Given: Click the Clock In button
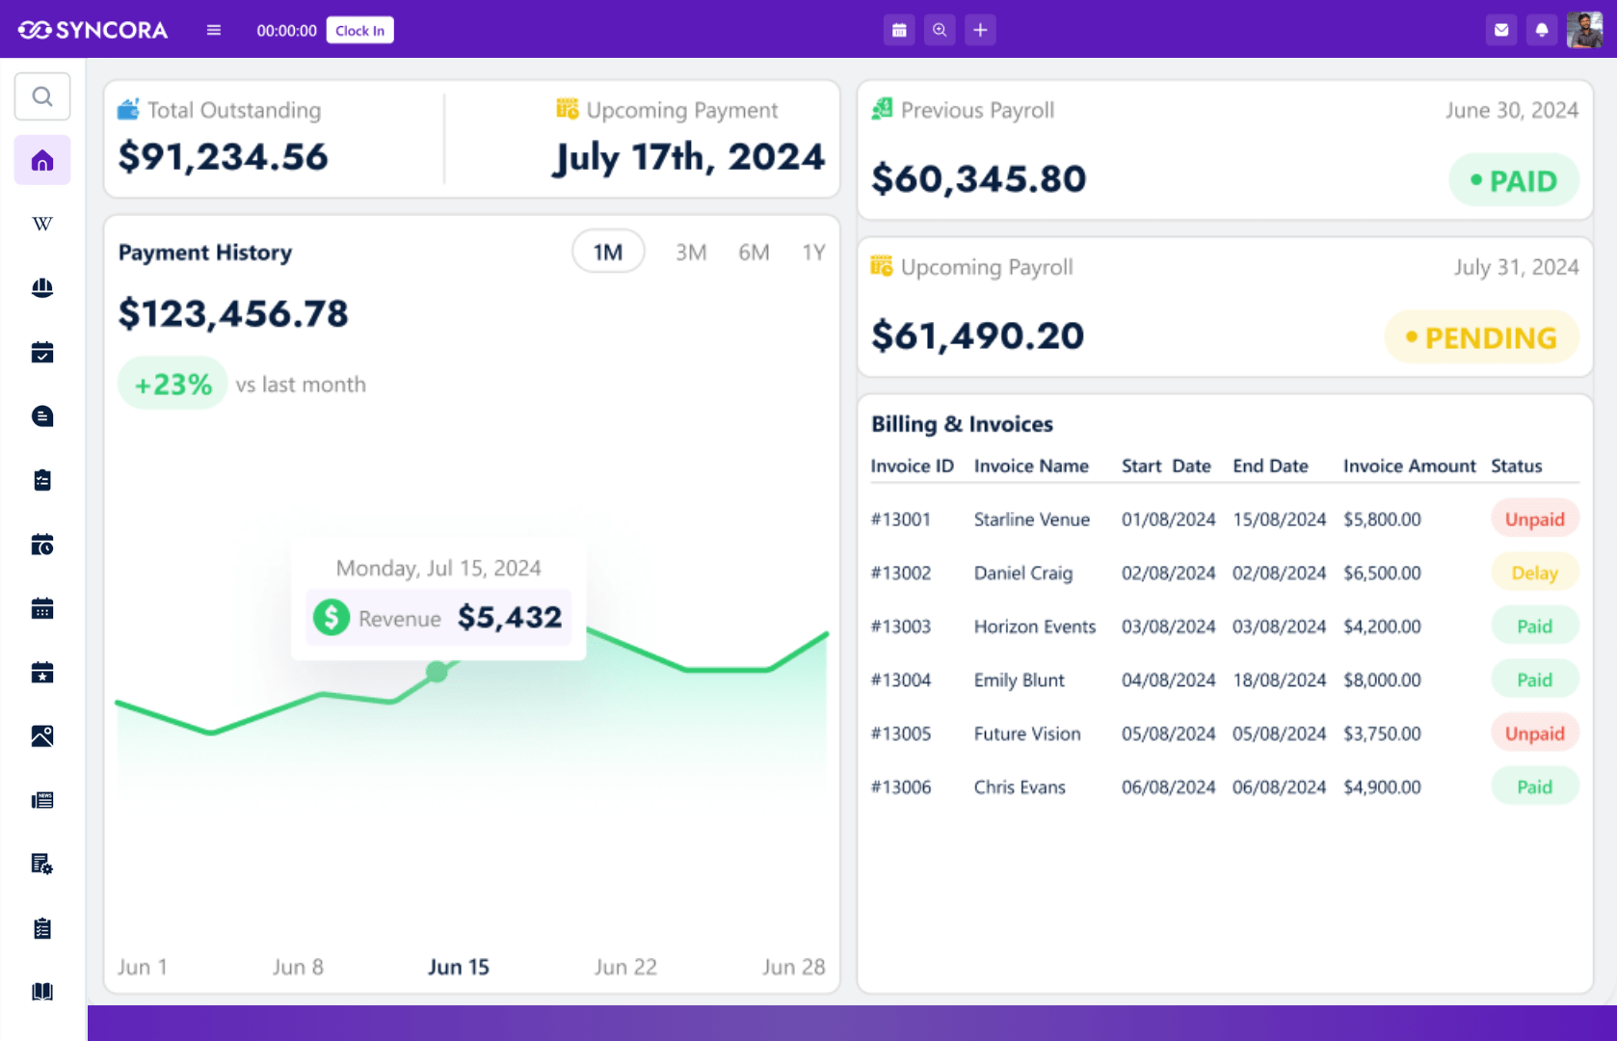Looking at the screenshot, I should tap(359, 30).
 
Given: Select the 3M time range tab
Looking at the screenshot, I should tap(691, 253).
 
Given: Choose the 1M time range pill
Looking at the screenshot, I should tap(607, 253).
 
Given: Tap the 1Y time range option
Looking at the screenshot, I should tap(813, 253).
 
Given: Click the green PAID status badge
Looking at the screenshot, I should tap(1513, 180).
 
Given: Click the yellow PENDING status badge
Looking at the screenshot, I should tap(1481, 337).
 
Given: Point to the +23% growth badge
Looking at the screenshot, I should tap(172, 384).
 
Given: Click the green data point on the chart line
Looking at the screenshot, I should tap(437, 671).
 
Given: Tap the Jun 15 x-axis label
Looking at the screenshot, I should tap(458, 967).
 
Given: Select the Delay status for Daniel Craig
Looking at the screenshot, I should tap(1534, 573).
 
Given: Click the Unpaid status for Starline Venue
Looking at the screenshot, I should tap(1534, 520).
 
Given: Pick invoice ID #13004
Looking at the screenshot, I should tap(901, 680).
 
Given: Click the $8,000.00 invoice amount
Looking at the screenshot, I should tap(1382, 680).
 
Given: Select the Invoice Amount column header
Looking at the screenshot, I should tap(1409, 466).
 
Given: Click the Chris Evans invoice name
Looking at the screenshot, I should tap(1020, 787).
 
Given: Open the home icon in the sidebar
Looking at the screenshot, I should tap(42, 160).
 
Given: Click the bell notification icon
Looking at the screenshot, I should tap(1542, 30).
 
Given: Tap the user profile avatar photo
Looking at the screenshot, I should tap(1584, 30).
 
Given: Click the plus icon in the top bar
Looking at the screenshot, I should tap(980, 30).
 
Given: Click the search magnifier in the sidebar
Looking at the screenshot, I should tap(42, 96).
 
